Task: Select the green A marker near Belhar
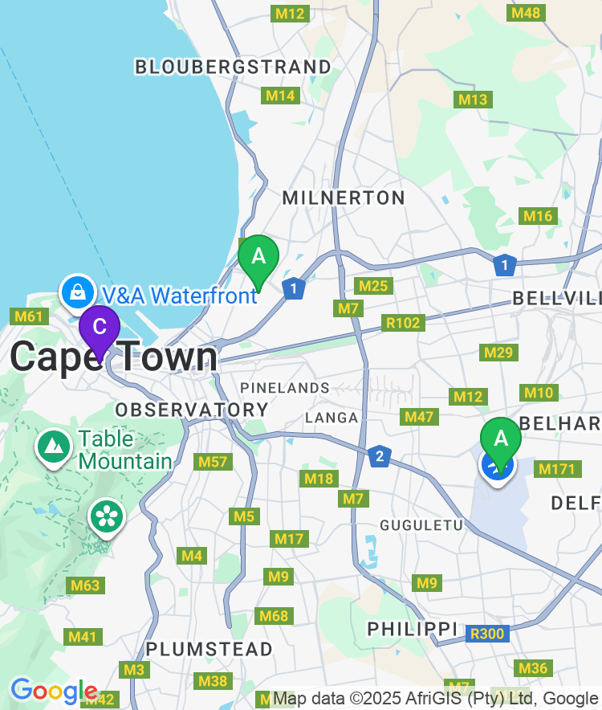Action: (501, 439)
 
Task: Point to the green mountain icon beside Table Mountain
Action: (53, 445)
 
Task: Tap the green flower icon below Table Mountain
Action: (106, 516)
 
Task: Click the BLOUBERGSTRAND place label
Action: (233, 67)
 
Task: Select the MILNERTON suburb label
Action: (344, 198)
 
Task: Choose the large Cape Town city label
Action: (113, 357)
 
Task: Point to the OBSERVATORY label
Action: (192, 410)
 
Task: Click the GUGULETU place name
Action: (421, 524)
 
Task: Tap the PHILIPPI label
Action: (412, 629)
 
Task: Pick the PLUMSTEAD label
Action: (209, 648)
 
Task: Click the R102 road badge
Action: (402, 323)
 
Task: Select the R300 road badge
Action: (487, 634)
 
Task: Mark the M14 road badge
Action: (280, 96)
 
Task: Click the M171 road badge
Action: (556, 469)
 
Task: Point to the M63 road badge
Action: (85, 586)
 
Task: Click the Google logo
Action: (54, 690)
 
